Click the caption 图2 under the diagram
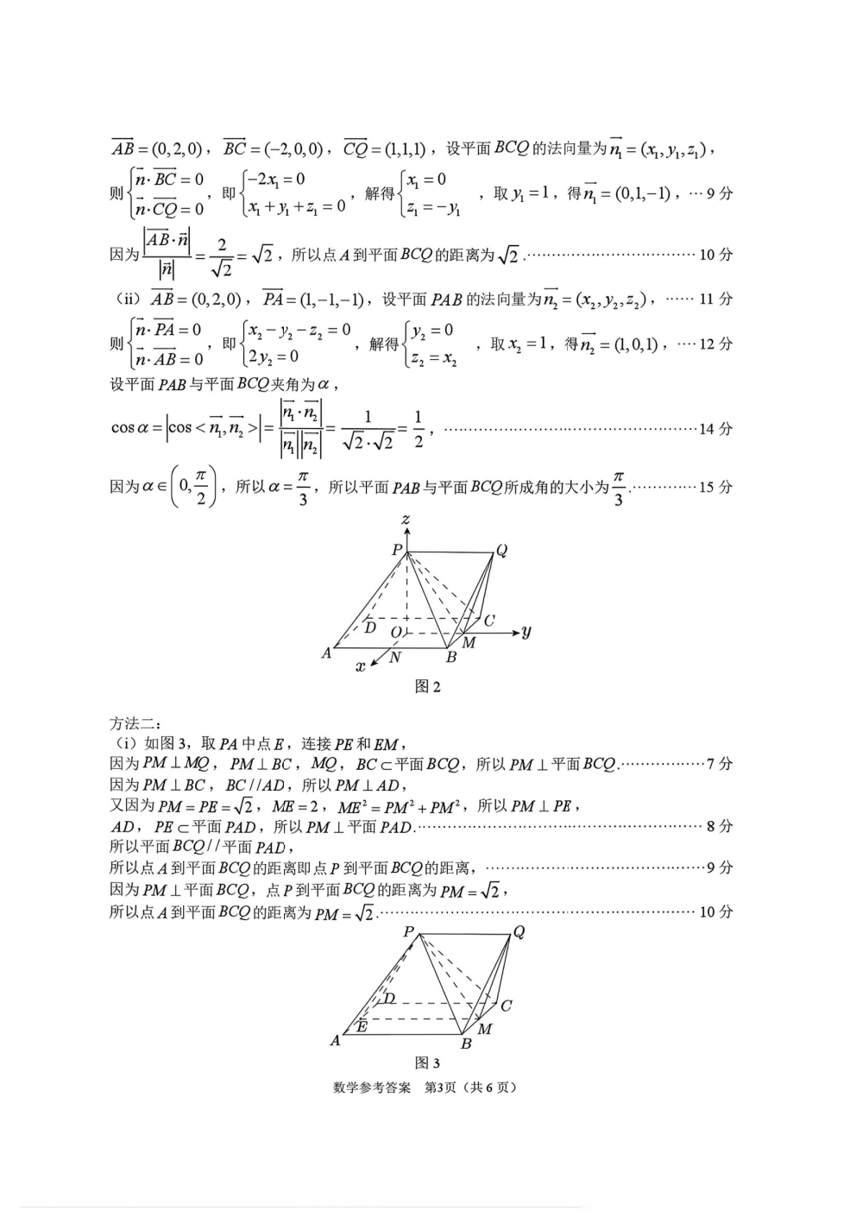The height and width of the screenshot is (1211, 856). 427,687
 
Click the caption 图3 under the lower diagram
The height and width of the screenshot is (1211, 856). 427,1063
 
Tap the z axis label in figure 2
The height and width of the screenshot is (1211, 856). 405,520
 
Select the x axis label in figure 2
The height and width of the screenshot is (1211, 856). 362,665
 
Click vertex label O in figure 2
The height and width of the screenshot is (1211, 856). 395,633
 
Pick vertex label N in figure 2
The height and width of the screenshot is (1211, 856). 395,658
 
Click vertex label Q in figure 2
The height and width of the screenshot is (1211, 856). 501,551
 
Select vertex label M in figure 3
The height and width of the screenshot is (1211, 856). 485,1029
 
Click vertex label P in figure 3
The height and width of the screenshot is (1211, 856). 409,932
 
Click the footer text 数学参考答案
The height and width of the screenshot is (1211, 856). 372,1088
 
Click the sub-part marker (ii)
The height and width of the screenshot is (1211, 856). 127,299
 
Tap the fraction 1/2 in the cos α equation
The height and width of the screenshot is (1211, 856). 418,429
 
